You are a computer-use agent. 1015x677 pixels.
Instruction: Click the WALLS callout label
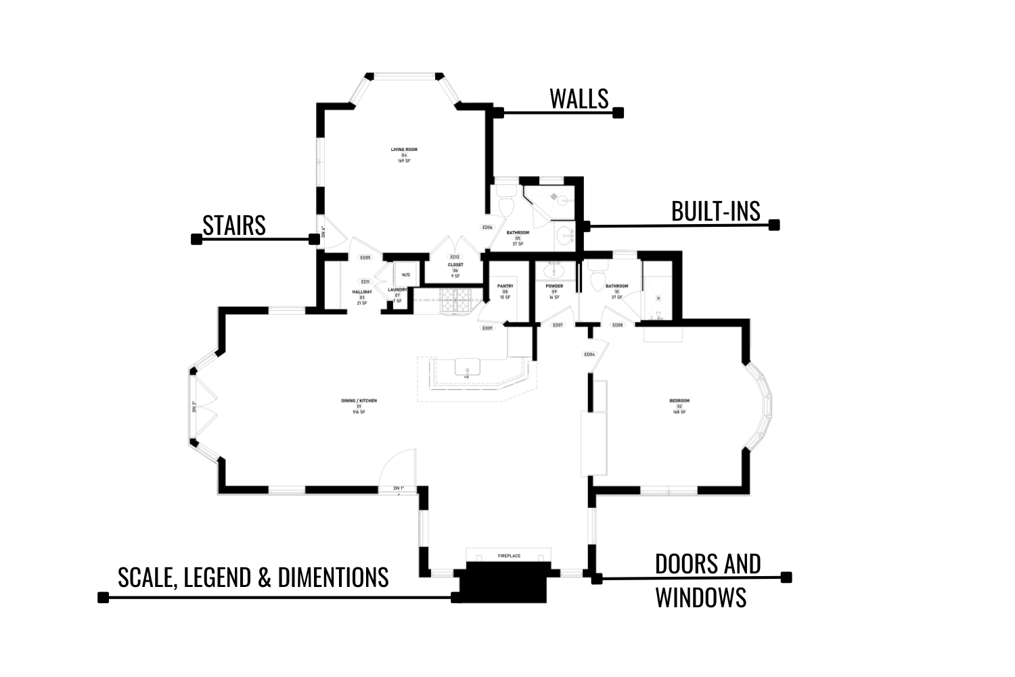(x=579, y=99)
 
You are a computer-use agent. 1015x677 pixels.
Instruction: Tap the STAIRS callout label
(x=234, y=225)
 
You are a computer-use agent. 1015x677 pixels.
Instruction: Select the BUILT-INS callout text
(x=715, y=212)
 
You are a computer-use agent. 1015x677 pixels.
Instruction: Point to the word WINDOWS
(x=700, y=598)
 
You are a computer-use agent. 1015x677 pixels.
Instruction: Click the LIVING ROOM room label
(x=404, y=150)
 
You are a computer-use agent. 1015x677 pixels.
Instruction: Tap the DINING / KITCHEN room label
(x=359, y=401)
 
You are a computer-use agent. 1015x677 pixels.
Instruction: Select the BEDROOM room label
(x=679, y=401)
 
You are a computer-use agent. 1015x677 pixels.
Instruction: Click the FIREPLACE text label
(x=509, y=556)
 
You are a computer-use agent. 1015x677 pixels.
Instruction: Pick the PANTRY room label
(x=505, y=286)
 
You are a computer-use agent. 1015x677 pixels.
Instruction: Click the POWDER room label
(x=554, y=286)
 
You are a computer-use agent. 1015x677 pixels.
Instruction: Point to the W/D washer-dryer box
(x=406, y=275)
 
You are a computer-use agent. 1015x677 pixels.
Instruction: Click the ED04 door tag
(x=589, y=354)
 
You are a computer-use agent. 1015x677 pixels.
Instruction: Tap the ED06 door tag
(x=487, y=227)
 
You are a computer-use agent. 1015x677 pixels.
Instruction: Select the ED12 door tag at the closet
(x=455, y=257)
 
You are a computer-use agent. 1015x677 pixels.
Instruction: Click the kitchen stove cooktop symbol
(x=453, y=300)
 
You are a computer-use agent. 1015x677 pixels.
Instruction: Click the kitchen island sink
(x=467, y=367)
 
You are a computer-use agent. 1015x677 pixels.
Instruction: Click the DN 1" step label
(x=399, y=488)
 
